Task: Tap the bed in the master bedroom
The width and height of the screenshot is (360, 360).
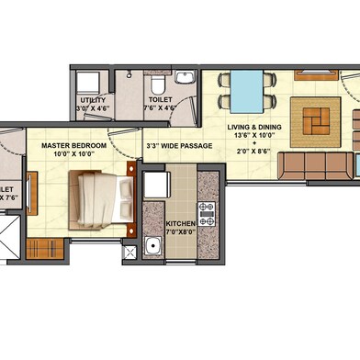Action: pyautogui.click(x=104, y=195)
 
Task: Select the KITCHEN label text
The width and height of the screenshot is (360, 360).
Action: pyautogui.click(x=181, y=223)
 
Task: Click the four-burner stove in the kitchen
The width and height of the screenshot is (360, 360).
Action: pyautogui.click(x=207, y=215)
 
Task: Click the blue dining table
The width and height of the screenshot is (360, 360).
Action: pyautogui.click(x=246, y=90)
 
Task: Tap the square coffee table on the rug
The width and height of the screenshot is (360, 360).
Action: pyautogui.click(x=314, y=122)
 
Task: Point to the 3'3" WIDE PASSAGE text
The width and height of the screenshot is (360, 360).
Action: pyautogui.click(x=178, y=146)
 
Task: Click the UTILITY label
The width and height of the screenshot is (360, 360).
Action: pyautogui.click(x=92, y=99)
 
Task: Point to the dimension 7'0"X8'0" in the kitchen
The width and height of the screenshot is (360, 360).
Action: pyautogui.click(x=181, y=233)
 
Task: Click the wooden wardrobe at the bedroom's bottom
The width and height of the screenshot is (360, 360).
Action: pyautogui.click(x=40, y=248)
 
